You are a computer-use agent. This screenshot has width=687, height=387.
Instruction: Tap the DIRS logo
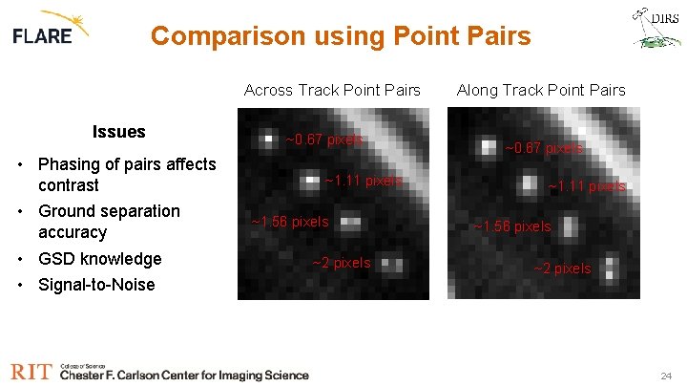(656, 27)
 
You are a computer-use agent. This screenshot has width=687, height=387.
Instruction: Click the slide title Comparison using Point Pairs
(341, 36)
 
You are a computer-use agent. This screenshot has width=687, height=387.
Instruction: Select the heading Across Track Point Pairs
(332, 91)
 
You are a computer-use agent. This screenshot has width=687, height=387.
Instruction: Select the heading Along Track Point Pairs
(541, 91)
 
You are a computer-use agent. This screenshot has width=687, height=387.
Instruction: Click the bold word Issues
(118, 132)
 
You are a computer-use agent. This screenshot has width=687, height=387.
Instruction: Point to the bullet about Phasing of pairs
(126, 175)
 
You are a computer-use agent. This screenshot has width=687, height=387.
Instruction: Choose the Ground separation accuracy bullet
(108, 222)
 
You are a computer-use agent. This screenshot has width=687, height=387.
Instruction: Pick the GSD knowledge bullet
(99, 259)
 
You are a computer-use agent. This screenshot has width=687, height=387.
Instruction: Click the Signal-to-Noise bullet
(95, 285)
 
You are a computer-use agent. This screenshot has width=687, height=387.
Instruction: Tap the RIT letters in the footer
(31, 372)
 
